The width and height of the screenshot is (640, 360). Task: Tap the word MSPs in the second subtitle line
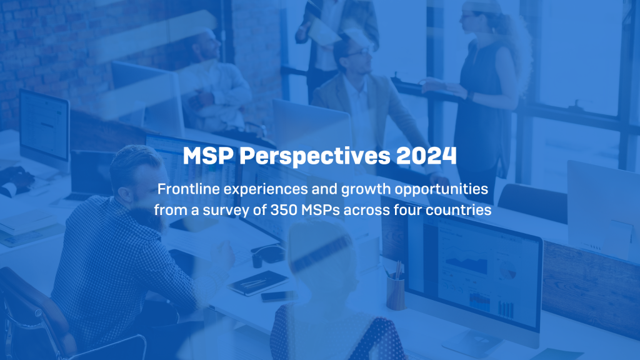(330, 209)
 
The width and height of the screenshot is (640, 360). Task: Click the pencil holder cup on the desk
(396, 291)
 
